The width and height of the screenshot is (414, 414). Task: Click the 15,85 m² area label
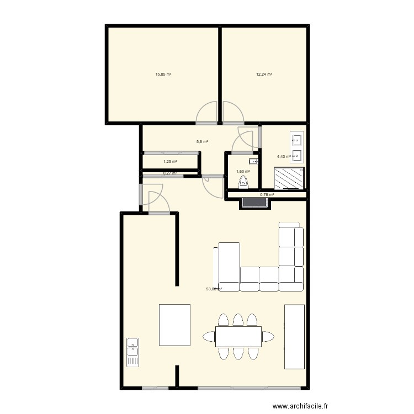(163, 74)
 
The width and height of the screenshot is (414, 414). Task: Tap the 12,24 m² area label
(264, 74)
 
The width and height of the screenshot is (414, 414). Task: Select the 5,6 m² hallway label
(202, 141)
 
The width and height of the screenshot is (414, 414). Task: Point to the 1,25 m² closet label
(170, 162)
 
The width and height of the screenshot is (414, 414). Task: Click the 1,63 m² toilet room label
(243, 171)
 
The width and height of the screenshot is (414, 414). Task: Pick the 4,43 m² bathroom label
(284, 157)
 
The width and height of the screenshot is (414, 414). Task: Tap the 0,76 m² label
(267, 194)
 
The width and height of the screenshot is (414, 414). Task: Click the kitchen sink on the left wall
(132, 353)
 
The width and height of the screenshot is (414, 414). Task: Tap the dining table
(238, 336)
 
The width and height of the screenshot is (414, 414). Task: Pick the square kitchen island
(174, 323)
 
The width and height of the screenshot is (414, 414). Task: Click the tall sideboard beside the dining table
(294, 336)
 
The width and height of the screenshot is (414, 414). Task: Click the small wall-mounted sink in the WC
(253, 161)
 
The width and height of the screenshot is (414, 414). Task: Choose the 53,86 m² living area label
(214, 289)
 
